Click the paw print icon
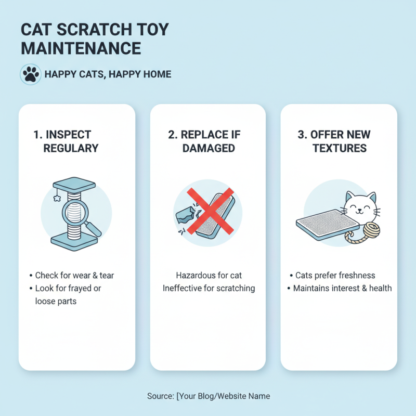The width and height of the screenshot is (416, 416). click(30, 74)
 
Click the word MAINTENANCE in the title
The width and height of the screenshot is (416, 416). click(81, 48)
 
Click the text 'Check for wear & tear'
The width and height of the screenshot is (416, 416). click(74, 276)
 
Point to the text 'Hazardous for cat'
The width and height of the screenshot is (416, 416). click(209, 276)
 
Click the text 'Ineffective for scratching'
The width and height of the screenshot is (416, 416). click(209, 288)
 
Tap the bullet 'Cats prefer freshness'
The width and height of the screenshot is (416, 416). click(335, 276)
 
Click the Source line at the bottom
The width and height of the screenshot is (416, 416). click(209, 396)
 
